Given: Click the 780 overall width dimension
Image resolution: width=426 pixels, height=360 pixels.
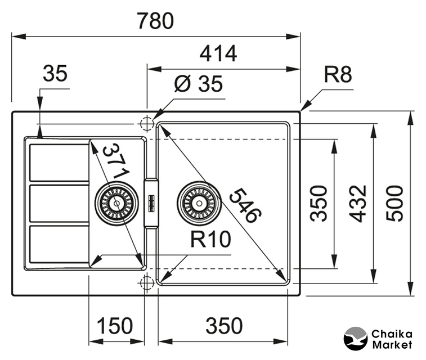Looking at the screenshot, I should [x=155, y=21].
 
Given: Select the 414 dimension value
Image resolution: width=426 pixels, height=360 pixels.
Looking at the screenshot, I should [x=218, y=53].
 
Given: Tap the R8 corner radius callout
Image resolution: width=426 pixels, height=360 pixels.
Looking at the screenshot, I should [x=338, y=74].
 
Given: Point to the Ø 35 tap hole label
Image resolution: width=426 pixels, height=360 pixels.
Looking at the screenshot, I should [x=198, y=84].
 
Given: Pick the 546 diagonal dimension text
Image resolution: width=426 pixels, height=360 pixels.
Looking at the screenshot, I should [x=245, y=205].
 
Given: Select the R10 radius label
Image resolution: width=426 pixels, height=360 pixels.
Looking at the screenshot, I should [x=210, y=240].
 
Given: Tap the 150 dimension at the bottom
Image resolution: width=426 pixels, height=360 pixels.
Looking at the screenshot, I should [x=115, y=326].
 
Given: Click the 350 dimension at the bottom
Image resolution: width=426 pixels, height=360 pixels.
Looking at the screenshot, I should [x=224, y=326].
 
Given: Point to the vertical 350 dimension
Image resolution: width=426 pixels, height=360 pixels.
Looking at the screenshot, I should [x=319, y=203].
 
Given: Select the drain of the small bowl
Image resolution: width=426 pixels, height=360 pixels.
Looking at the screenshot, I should [x=116, y=202].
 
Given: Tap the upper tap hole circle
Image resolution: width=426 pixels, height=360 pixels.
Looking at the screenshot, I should [x=146, y=123].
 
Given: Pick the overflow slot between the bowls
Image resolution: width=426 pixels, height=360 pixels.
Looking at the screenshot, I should [x=151, y=202].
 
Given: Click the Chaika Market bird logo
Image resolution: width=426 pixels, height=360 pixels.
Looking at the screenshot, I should [x=356, y=339].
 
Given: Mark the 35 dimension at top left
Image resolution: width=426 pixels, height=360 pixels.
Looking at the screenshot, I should [x=55, y=73].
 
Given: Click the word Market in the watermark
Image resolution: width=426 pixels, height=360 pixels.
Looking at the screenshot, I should [x=392, y=345].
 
